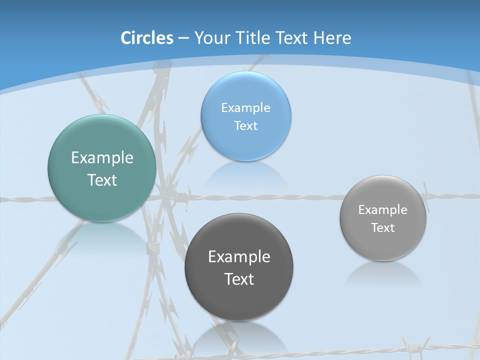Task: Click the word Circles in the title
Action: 146,38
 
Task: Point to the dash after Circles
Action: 183,38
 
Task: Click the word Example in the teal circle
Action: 102,157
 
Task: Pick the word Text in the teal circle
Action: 102,180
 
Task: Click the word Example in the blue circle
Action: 246,107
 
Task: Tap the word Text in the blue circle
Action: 246,125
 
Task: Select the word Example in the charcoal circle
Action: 239,256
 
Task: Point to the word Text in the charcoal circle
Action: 239,279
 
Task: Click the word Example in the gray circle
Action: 383,209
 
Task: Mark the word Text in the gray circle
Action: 383,227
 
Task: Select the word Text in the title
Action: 292,38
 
